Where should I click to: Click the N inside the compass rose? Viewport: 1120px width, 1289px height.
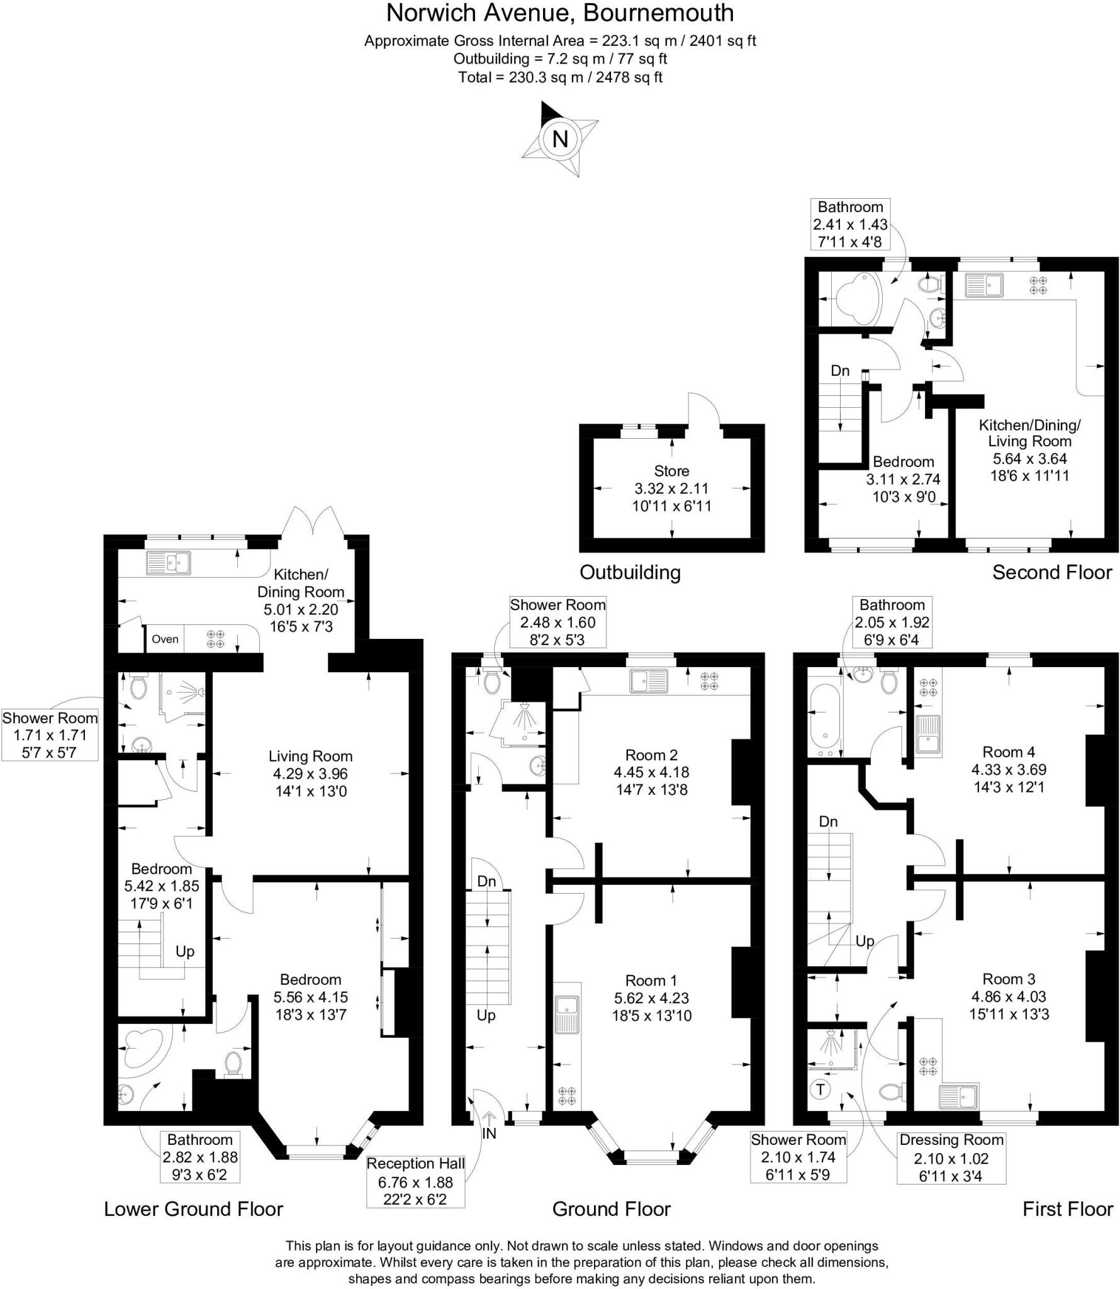pyautogui.click(x=559, y=138)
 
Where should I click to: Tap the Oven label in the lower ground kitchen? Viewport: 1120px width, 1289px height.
pyautogui.click(x=165, y=639)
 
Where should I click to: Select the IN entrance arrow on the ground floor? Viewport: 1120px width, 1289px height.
pyautogui.click(x=489, y=1130)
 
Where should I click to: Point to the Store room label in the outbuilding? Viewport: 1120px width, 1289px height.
pyautogui.click(x=671, y=471)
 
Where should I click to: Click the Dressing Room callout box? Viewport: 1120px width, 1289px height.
pyautogui.click(x=951, y=1157)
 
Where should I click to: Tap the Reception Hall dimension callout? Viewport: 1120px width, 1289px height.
pyautogui.click(x=415, y=1181)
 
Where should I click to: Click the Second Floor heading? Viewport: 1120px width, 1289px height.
pyautogui.click(x=1052, y=572)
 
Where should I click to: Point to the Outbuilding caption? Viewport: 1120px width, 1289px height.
pyautogui.click(x=630, y=572)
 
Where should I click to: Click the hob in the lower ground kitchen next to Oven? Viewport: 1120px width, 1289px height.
pyautogui.click(x=216, y=639)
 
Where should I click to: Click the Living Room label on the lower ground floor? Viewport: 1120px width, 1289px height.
pyautogui.click(x=310, y=756)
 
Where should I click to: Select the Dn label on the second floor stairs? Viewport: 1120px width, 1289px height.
pyautogui.click(x=840, y=370)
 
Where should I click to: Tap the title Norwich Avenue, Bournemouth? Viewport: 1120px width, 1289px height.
pyautogui.click(x=559, y=13)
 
